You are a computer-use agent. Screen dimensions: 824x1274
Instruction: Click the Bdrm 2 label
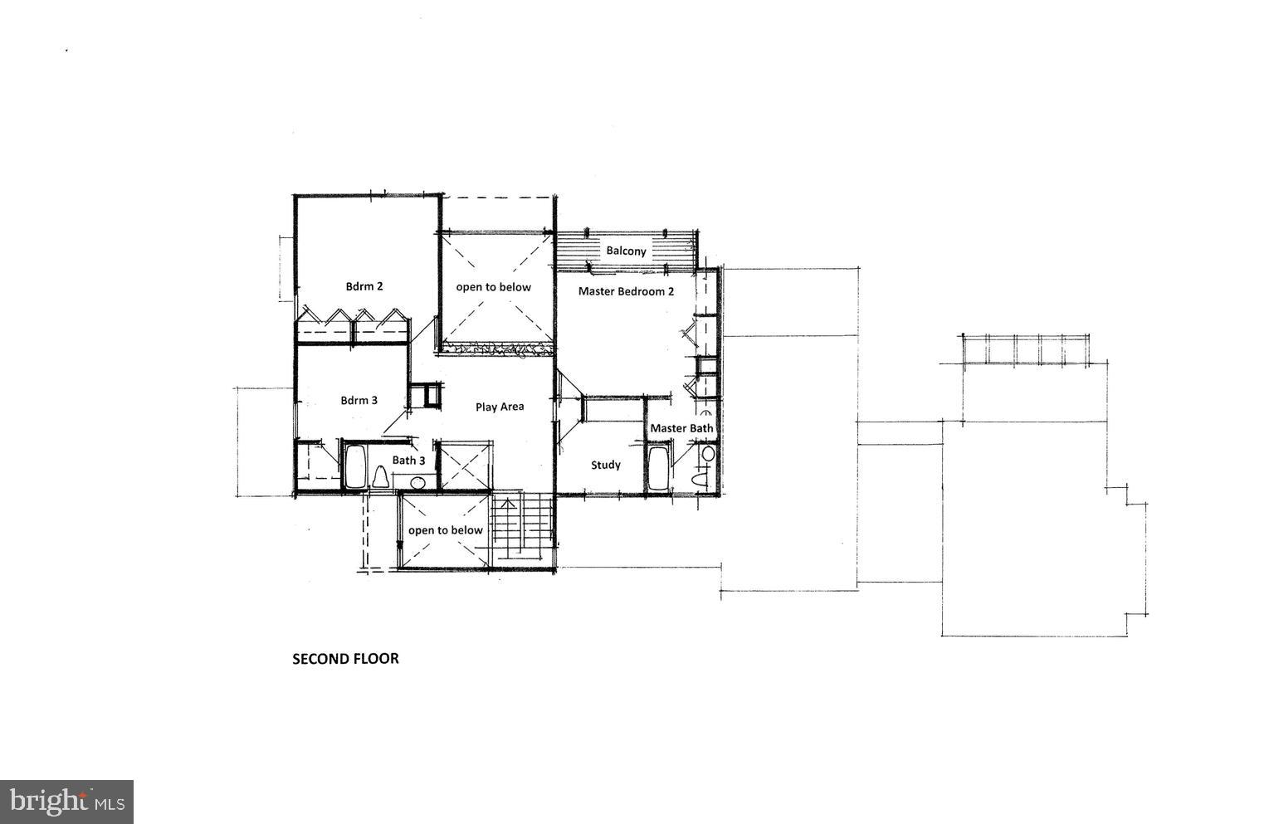click(x=364, y=286)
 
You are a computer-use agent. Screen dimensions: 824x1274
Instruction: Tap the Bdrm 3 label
click(x=359, y=400)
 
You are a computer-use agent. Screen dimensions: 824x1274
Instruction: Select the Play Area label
click(x=500, y=407)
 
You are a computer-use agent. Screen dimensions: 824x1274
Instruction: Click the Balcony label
click(x=626, y=251)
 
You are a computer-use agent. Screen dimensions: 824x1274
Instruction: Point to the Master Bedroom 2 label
click(x=626, y=291)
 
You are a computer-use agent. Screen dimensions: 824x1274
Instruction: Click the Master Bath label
click(x=681, y=428)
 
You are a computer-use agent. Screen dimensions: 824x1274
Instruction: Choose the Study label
click(x=605, y=465)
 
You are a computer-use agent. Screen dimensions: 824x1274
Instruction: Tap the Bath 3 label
click(x=408, y=460)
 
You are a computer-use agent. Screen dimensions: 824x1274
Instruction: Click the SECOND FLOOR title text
click(x=345, y=659)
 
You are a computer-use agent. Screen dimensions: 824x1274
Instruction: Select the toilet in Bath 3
click(x=381, y=477)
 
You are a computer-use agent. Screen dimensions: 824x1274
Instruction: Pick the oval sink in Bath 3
click(x=417, y=482)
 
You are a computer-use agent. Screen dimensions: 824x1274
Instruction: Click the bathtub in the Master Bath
click(x=659, y=470)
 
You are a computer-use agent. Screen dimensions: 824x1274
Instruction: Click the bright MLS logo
click(x=66, y=802)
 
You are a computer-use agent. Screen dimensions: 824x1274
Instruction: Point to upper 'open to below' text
click(x=493, y=287)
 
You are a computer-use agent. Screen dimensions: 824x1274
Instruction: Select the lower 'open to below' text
click(x=445, y=530)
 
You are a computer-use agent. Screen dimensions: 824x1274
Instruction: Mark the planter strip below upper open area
click(x=496, y=349)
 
